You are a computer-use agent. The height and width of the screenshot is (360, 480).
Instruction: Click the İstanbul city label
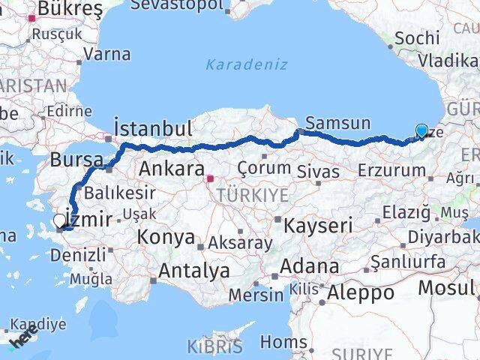[x=153, y=127]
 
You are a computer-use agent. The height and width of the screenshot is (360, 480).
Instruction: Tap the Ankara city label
[x=170, y=167]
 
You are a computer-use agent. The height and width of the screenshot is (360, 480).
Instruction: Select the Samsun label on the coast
[x=338, y=123]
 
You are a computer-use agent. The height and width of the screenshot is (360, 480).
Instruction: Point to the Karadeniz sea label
[x=247, y=64]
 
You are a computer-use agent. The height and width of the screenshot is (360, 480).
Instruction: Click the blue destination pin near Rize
[x=421, y=132]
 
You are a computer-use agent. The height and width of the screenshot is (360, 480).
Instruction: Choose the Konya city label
[x=166, y=238]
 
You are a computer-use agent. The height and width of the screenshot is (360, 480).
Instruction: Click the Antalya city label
[x=194, y=271]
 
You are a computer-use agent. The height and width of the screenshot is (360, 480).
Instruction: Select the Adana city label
[x=309, y=265]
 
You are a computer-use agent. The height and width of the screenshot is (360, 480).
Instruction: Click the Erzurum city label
[x=392, y=171]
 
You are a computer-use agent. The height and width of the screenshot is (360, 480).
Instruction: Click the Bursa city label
[x=76, y=160]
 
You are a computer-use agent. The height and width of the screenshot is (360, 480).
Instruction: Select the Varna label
[x=106, y=54]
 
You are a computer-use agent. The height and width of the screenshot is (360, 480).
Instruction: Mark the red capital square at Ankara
[x=211, y=178]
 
